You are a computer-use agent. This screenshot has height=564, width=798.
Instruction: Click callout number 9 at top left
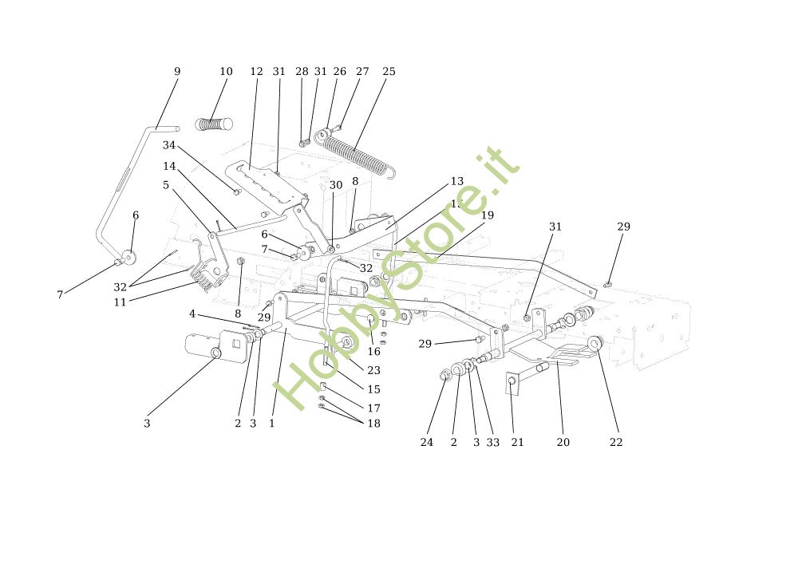(177, 72)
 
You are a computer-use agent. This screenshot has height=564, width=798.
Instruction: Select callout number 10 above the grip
(226, 72)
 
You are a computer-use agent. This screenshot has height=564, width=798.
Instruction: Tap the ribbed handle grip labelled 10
(213, 124)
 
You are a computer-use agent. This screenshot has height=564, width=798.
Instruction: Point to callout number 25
(389, 72)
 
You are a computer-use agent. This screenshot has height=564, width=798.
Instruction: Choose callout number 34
(169, 145)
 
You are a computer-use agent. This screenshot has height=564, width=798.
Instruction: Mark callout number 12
(256, 72)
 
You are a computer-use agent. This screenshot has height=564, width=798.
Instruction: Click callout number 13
(456, 182)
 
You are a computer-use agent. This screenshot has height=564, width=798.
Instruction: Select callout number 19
(488, 215)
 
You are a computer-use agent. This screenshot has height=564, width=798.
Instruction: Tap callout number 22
(616, 442)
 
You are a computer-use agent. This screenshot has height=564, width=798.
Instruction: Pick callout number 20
(563, 442)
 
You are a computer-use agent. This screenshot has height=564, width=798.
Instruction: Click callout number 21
(517, 442)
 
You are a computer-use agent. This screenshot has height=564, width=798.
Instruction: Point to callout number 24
(427, 442)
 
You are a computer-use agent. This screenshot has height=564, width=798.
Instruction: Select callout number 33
(492, 442)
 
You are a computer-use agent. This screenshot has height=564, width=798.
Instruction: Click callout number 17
(373, 408)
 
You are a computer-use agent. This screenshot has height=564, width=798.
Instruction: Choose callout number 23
(373, 370)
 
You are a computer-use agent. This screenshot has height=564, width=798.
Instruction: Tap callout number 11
(120, 302)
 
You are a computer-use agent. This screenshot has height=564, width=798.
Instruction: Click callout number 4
(192, 314)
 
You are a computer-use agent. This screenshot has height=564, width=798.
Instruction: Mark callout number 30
(336, 185)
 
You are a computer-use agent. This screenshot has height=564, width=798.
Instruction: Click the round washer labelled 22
(595, 344)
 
